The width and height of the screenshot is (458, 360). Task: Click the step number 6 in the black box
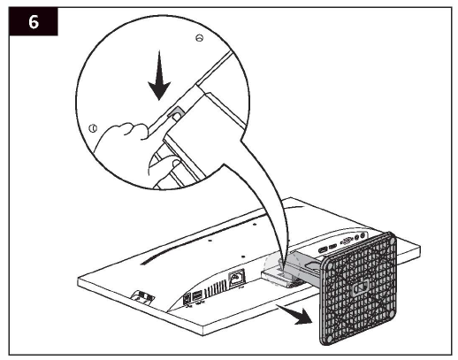pyautogui.click(x=34, y=23)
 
